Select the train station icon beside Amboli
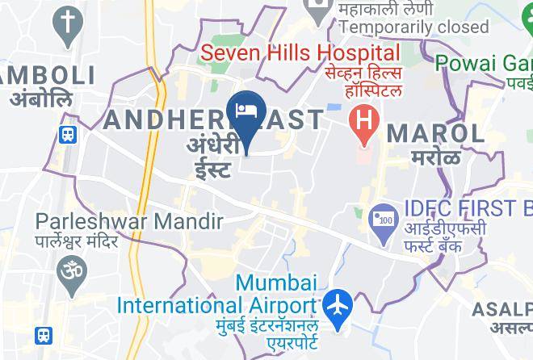pos(68,134)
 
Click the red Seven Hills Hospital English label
pos(300,54)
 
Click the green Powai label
pos(484,62)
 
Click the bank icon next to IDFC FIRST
pos(380,218)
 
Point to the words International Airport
pos(216,306)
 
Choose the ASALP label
pos(502,309)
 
